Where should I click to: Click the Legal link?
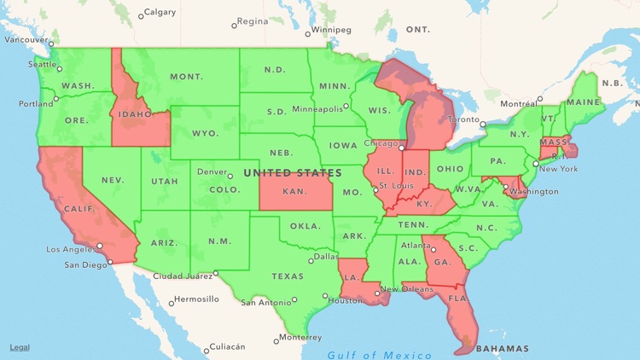20,347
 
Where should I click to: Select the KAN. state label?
294,193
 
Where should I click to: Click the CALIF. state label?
79,208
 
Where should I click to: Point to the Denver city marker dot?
230,177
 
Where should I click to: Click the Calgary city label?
160,12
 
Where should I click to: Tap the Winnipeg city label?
333,29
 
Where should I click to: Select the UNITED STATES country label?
293,173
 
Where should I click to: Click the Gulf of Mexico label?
380,355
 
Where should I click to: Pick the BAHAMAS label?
503,348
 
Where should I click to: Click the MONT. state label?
186,77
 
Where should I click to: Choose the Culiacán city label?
228,346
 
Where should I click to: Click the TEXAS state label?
288,276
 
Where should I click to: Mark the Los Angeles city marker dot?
100,246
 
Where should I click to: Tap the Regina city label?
252,21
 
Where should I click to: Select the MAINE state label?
583,102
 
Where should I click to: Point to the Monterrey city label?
301,337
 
